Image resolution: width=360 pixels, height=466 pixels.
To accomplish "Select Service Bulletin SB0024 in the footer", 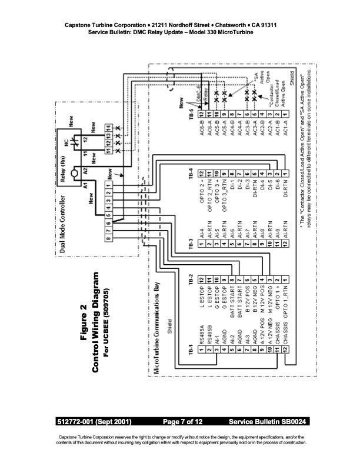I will pyautogui.click(x=268, y=422).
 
